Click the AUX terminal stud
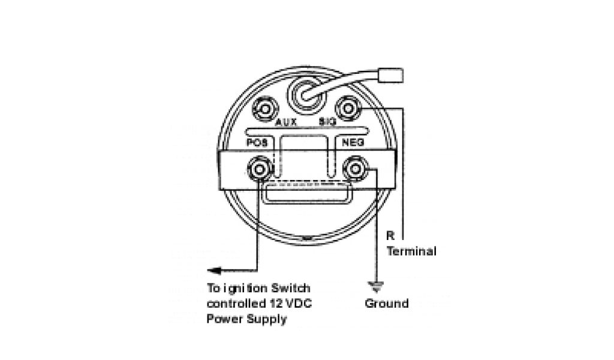click(264, 109)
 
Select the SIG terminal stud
click(347, 108)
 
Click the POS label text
click(258, 143)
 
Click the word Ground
click(387, 304)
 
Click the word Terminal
click(411, 251)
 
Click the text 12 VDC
click(293, 304)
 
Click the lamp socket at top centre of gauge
click(304, 94)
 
